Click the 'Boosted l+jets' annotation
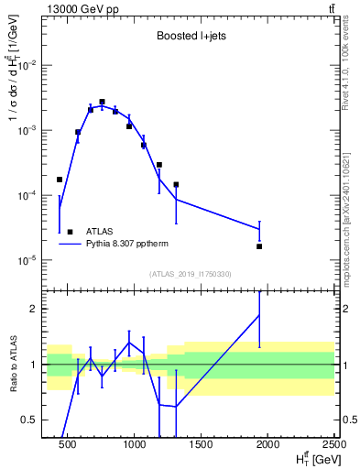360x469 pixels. [192, 36]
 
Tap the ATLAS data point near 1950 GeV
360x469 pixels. [259, 246]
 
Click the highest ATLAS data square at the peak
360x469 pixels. [102, 102]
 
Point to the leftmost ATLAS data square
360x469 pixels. [60, 180]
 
